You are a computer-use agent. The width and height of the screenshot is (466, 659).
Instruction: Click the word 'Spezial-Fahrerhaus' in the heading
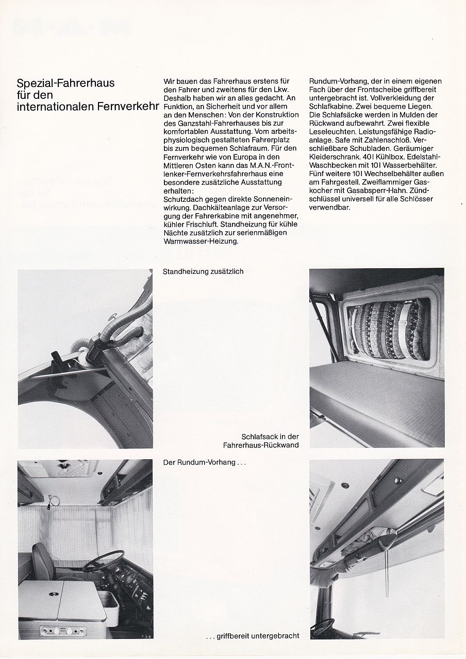tap(65, 83)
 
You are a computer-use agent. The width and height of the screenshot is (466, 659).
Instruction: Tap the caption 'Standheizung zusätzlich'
tap(203, 271)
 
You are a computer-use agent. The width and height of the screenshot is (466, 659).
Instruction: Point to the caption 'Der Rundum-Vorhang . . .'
tap(205, 462)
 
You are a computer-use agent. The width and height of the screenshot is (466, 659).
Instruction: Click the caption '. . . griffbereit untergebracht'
tap(252, 636)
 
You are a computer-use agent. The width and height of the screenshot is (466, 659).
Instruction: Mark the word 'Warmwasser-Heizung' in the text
tap(201, 240)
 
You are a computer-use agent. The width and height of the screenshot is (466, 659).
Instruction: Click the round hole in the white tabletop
tap(53, 594)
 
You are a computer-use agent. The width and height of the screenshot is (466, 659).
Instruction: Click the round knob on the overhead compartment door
tap(398, 481)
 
